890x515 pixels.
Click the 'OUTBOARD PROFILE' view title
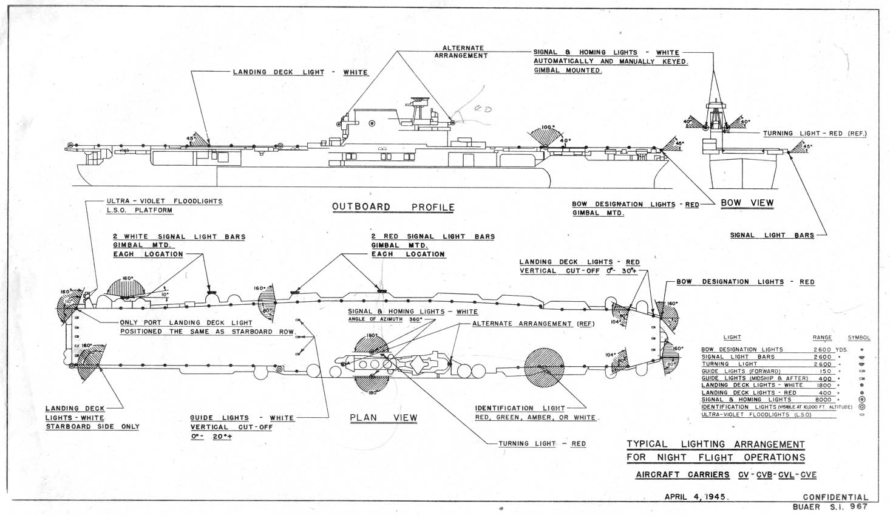pyautogui.click(x=393, y=207)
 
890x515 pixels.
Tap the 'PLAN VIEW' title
pyautogui.click(x=384, y=418)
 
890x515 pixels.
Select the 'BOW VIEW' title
pyautogui.click(x=747, y=203)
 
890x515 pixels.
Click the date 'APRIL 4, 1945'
pyautogui.click(x=696, y=496)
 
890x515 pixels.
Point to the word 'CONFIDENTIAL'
pyautogui.click(x=835, y=497)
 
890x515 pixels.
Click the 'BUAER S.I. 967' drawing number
pyautogui.click(x=830, y=506)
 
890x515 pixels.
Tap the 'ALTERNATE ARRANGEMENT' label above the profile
pyautogui.click(x=463, y=52)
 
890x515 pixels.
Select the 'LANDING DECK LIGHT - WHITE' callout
pyautogui.click(x=301, y=72)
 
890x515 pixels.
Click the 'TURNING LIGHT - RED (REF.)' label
pyautogui.click(x=815, y=134)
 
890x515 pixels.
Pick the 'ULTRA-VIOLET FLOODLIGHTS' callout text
pyautogui.click(x=164, y=201)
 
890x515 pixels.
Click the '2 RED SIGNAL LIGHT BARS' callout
pyautogui.click(x=433, y=236)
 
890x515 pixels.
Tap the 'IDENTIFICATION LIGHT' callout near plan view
pyautogui.click(x=520, y=408)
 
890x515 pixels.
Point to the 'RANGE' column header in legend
pyautogui.click(x=822, y=338)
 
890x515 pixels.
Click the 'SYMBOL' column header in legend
pyautogui.click(x=859, y=338)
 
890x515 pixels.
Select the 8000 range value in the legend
pyautogui.click(x=823, y=400)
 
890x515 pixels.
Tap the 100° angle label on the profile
pyautogui.click(x=548, y=128)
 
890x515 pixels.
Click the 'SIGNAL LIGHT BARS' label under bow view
pyautogui.click(x=772, y=235)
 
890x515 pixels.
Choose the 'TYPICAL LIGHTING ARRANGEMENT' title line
pyautogui.click(x=715, y=445)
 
